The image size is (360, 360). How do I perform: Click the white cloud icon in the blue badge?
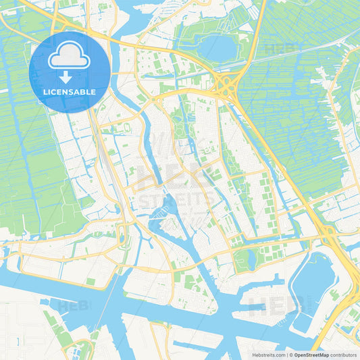point(68,59)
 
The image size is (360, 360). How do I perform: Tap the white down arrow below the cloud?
point(68,77)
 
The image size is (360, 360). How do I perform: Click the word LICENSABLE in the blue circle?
point(68,92)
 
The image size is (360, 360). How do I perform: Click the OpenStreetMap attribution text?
point(311,354)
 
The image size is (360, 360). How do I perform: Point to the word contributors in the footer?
point(344,354)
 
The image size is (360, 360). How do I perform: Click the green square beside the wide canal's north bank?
point(91,281)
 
